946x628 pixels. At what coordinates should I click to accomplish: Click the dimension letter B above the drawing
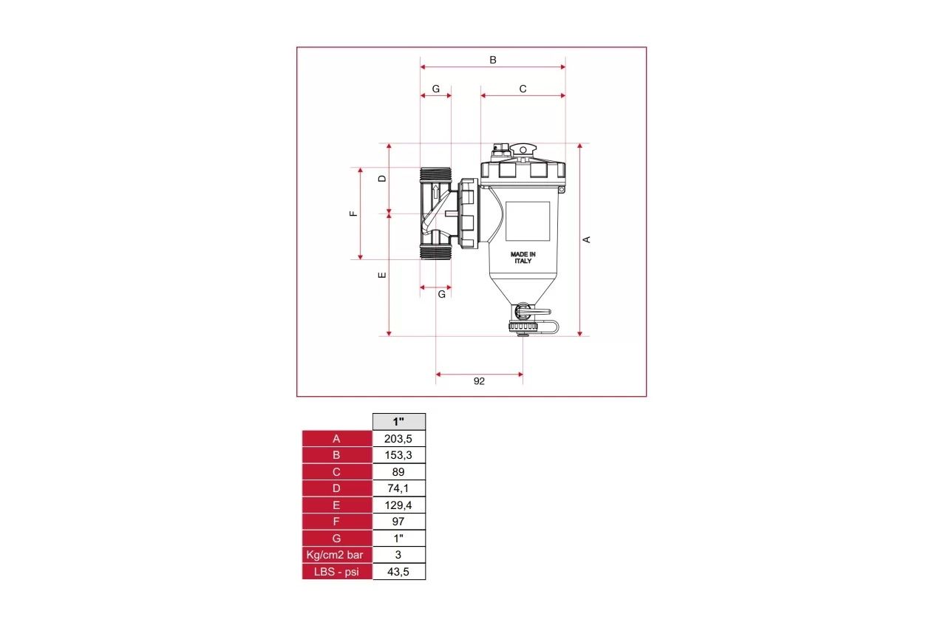click(492, 60)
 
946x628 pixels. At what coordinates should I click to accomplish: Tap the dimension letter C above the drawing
click(523, 89)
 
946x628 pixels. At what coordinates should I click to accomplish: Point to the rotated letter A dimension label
click(586, 239)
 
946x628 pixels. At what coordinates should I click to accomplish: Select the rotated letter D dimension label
click(382, 179)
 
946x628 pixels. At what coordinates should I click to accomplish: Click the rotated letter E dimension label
click(382, 275)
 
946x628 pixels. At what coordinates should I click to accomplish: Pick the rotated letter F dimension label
click(353, 214)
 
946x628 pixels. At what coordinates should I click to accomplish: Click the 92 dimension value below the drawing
click(479, 381)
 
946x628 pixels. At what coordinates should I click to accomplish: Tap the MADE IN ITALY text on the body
click(523, 257)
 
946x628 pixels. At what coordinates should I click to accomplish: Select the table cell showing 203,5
click(398, 439)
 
